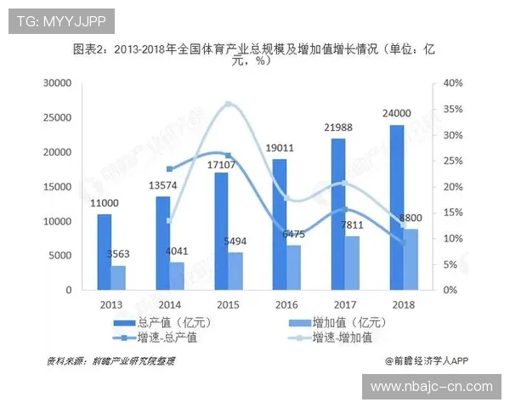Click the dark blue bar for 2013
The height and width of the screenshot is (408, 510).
click(x=104, y=252)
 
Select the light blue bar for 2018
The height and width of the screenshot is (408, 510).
click(x=410, y=259)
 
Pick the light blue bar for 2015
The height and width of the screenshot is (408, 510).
click(x=235, y=270)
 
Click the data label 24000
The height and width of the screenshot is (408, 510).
click(x=396, y=113)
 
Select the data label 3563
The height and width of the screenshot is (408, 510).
click(x=117, y=253)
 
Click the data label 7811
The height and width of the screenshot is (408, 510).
click(x=351, y=224)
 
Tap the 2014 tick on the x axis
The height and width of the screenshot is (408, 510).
click(x=169, y=303)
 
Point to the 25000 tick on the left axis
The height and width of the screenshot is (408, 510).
click(x=64, y=117)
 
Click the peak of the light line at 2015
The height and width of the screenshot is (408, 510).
click(x=228, y=104)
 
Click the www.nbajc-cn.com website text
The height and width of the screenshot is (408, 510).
click(x=432, y=386)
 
